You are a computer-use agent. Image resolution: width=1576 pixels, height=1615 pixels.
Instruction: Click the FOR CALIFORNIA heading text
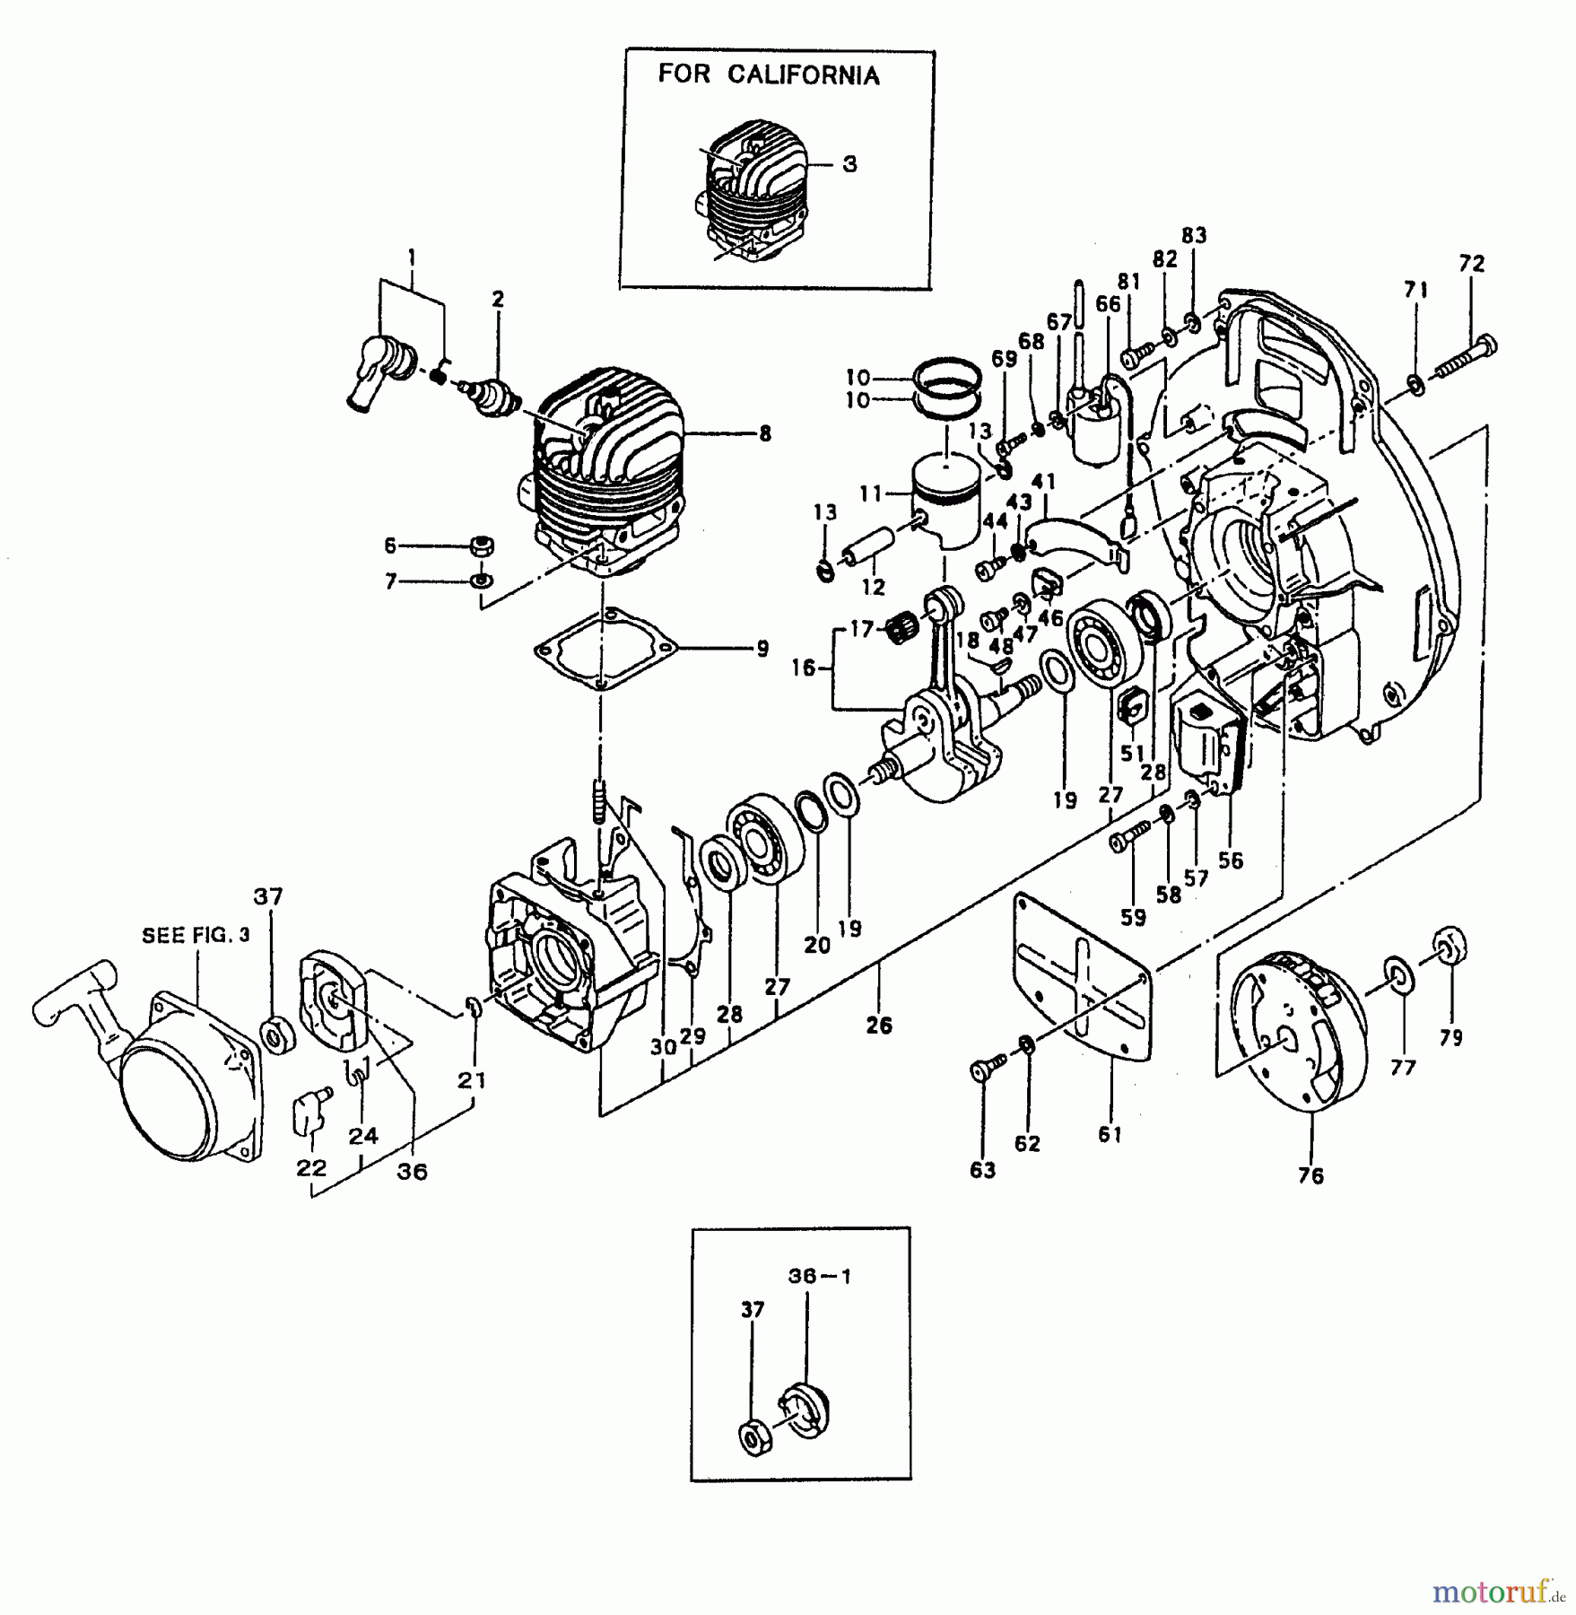769,74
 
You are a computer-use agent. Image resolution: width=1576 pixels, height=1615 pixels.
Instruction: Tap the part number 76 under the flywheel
1310,1175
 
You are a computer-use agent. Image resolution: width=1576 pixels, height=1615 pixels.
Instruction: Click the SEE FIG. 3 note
196,936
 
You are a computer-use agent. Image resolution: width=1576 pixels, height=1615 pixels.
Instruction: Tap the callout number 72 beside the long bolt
1472,264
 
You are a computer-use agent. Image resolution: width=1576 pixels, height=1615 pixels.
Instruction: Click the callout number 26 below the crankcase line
879,1025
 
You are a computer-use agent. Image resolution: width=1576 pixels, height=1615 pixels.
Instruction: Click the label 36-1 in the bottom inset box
820,1276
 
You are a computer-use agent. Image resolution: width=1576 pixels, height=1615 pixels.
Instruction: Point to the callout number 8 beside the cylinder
764,434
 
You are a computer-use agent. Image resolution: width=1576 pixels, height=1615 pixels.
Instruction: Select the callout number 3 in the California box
849,164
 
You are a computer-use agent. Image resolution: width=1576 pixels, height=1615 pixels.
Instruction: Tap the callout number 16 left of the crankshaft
804,668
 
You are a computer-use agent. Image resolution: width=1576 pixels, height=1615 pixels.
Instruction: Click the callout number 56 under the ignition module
1231,860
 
